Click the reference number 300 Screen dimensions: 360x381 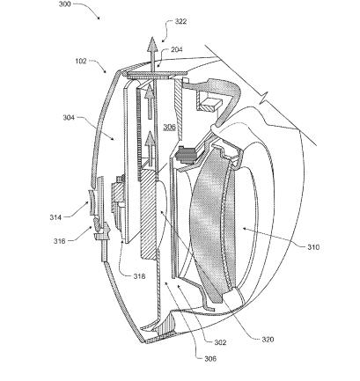[65, 4]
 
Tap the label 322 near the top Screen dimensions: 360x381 [180, 21]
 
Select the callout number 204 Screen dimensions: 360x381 [177, 49]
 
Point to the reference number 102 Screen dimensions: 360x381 [81, 61]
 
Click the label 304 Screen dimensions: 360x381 [69, 118]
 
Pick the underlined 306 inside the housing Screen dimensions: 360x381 [169, 127]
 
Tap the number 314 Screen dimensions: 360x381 [55, 217]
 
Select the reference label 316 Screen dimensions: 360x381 [59, 241]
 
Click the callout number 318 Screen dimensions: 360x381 [139, 276]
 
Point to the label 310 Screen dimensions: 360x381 [313, 247]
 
